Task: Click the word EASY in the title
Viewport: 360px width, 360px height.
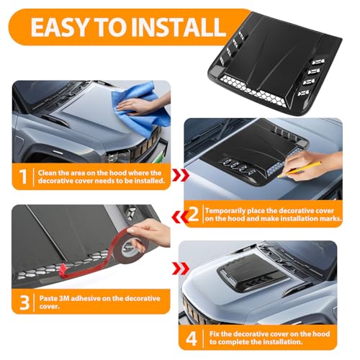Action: pos(60,27)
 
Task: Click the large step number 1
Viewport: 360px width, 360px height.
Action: pos(23,176)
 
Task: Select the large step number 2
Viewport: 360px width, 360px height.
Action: pos(194,214)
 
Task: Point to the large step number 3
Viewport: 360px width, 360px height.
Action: pos(24,302)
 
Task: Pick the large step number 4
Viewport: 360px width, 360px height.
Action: pos(192,338)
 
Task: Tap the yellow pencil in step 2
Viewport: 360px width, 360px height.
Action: pos(300,169)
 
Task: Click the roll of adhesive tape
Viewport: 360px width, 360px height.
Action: pos(130,248)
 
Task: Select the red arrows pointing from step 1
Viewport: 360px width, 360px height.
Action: pos(181,175)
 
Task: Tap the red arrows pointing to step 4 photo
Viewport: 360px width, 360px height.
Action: pos(181,268)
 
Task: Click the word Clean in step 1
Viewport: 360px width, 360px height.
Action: pos(48,173)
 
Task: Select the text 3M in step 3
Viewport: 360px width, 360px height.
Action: pos(63,298)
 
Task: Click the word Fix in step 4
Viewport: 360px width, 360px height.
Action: pos(215,334)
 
